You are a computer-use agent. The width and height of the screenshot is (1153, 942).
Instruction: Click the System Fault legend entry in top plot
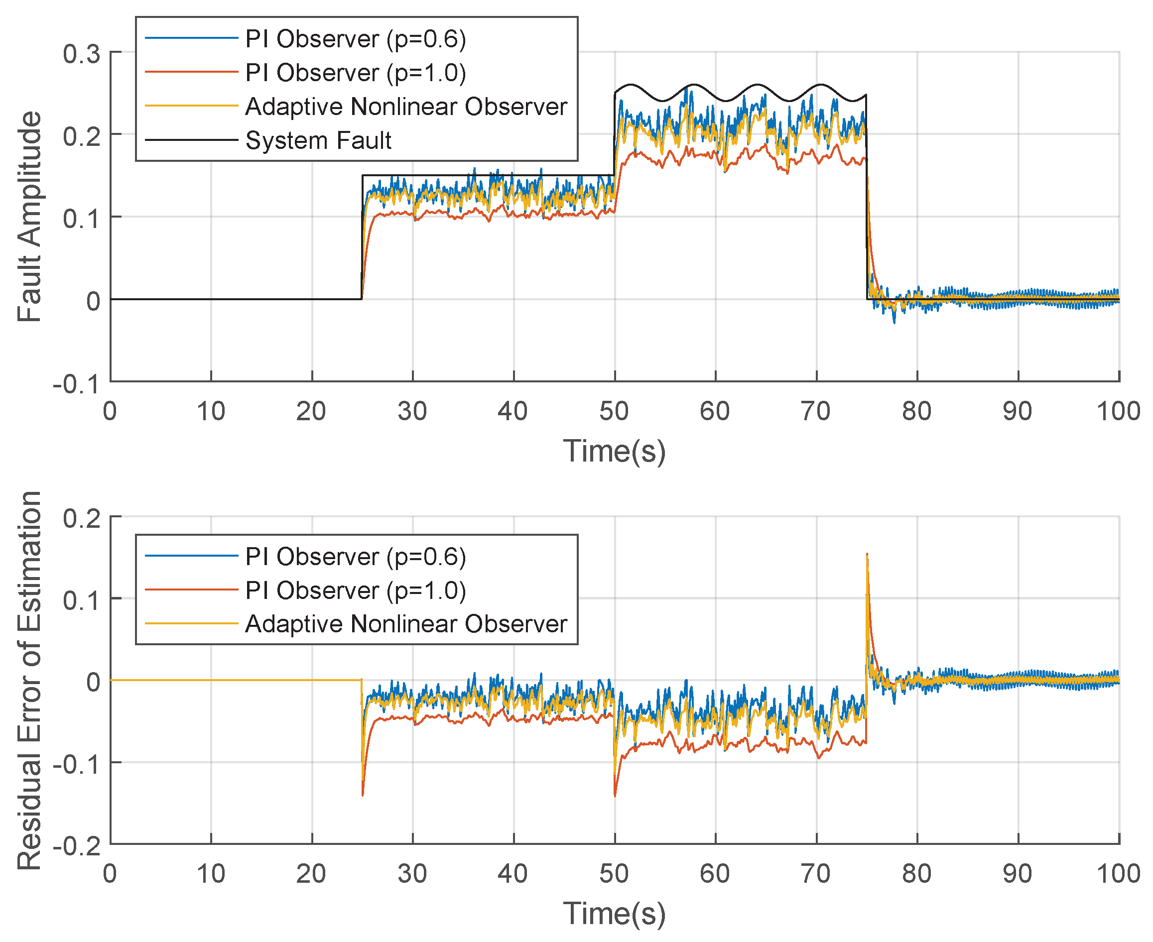pyautogui.click(x=318, y=140)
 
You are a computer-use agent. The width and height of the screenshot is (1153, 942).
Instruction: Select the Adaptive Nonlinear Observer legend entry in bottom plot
pyautogui.click(x=405, y=624)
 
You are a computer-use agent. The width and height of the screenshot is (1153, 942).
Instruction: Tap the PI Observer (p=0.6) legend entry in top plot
pyautogui.click(x=355, y=39)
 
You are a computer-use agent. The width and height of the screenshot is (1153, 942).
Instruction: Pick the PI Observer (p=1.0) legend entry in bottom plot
pyautogui.click(x=355, y=590)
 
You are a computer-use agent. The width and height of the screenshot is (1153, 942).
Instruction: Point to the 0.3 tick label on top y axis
pyautogui.click(x=81, y=54)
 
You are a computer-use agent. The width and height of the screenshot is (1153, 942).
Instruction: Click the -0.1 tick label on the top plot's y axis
pyautogui.click(x=77, y=385)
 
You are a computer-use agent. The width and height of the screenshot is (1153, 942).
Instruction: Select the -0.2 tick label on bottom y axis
pyautogui.click(x=77, y=846)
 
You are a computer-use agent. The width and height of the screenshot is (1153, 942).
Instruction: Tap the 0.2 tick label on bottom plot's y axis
pyautogui.click(x=81, y=519)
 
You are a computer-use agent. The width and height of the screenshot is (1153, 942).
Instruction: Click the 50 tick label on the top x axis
pyautogui.click(x=614, y=411)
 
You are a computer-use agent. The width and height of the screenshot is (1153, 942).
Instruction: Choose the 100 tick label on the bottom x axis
pyautogui.click(x=1118, y=874)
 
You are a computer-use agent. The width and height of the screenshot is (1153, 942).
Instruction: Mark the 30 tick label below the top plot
pyautogui.click(x=412, y=411)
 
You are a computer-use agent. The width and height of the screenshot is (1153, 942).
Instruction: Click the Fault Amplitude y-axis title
pyautogui.click(x=29, y=217)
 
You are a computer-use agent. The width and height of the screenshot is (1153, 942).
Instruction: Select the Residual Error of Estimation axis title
pyautogui.click(x=29, y=681)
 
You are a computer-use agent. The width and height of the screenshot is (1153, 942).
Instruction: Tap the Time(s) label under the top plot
pyautogui.click(x=614, y=451)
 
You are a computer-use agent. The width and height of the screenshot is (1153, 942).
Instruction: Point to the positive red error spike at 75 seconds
pyautogui.click(x=867, y=555)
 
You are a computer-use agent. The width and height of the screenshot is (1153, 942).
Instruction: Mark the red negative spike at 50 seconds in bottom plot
pyautogui.click(x=615, y=795)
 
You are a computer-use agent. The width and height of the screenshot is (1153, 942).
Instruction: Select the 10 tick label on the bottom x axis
pyautogui.click(x=211, y=874)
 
